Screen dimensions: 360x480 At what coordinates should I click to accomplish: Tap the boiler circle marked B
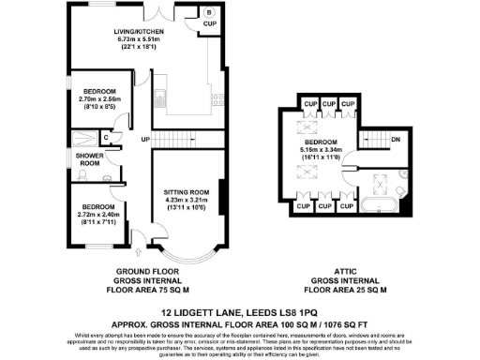208,12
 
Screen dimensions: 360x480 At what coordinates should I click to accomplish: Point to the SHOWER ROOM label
90,159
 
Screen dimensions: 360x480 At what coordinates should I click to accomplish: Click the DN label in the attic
396,140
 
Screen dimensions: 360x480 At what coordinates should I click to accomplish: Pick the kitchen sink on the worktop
160,94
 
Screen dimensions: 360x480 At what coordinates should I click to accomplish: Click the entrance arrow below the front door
138,249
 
